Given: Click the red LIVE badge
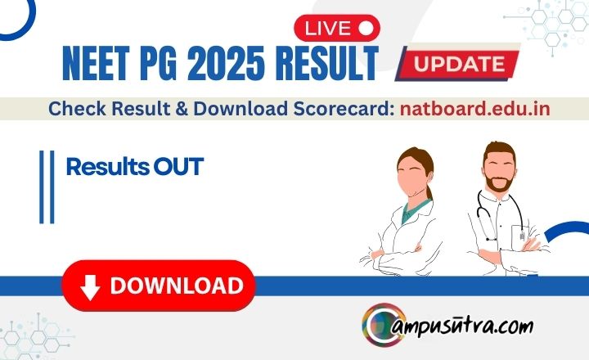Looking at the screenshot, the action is [x=337, y=28].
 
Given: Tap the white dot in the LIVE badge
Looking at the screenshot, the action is [x=366, y=28].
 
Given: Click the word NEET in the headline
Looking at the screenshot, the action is [x=96, y=63].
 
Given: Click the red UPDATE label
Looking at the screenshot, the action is [x=459, y=64].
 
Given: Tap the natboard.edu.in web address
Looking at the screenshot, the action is [x=475, y=109].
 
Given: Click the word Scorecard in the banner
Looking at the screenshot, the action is [x=344, y=109].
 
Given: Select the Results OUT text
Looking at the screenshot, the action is [x=134, y=167].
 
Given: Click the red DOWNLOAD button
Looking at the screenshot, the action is [x=159, y=286].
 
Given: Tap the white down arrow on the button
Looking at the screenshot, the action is [x=90, y=287].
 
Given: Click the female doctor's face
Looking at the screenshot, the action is [x=414, y=177].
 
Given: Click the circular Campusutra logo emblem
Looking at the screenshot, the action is [x=384, y=325].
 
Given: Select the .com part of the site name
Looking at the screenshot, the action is [x=516, y=327].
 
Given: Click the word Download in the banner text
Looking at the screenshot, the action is [x=241, y=109].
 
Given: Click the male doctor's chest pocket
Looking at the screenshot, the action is [x=520, y=234].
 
